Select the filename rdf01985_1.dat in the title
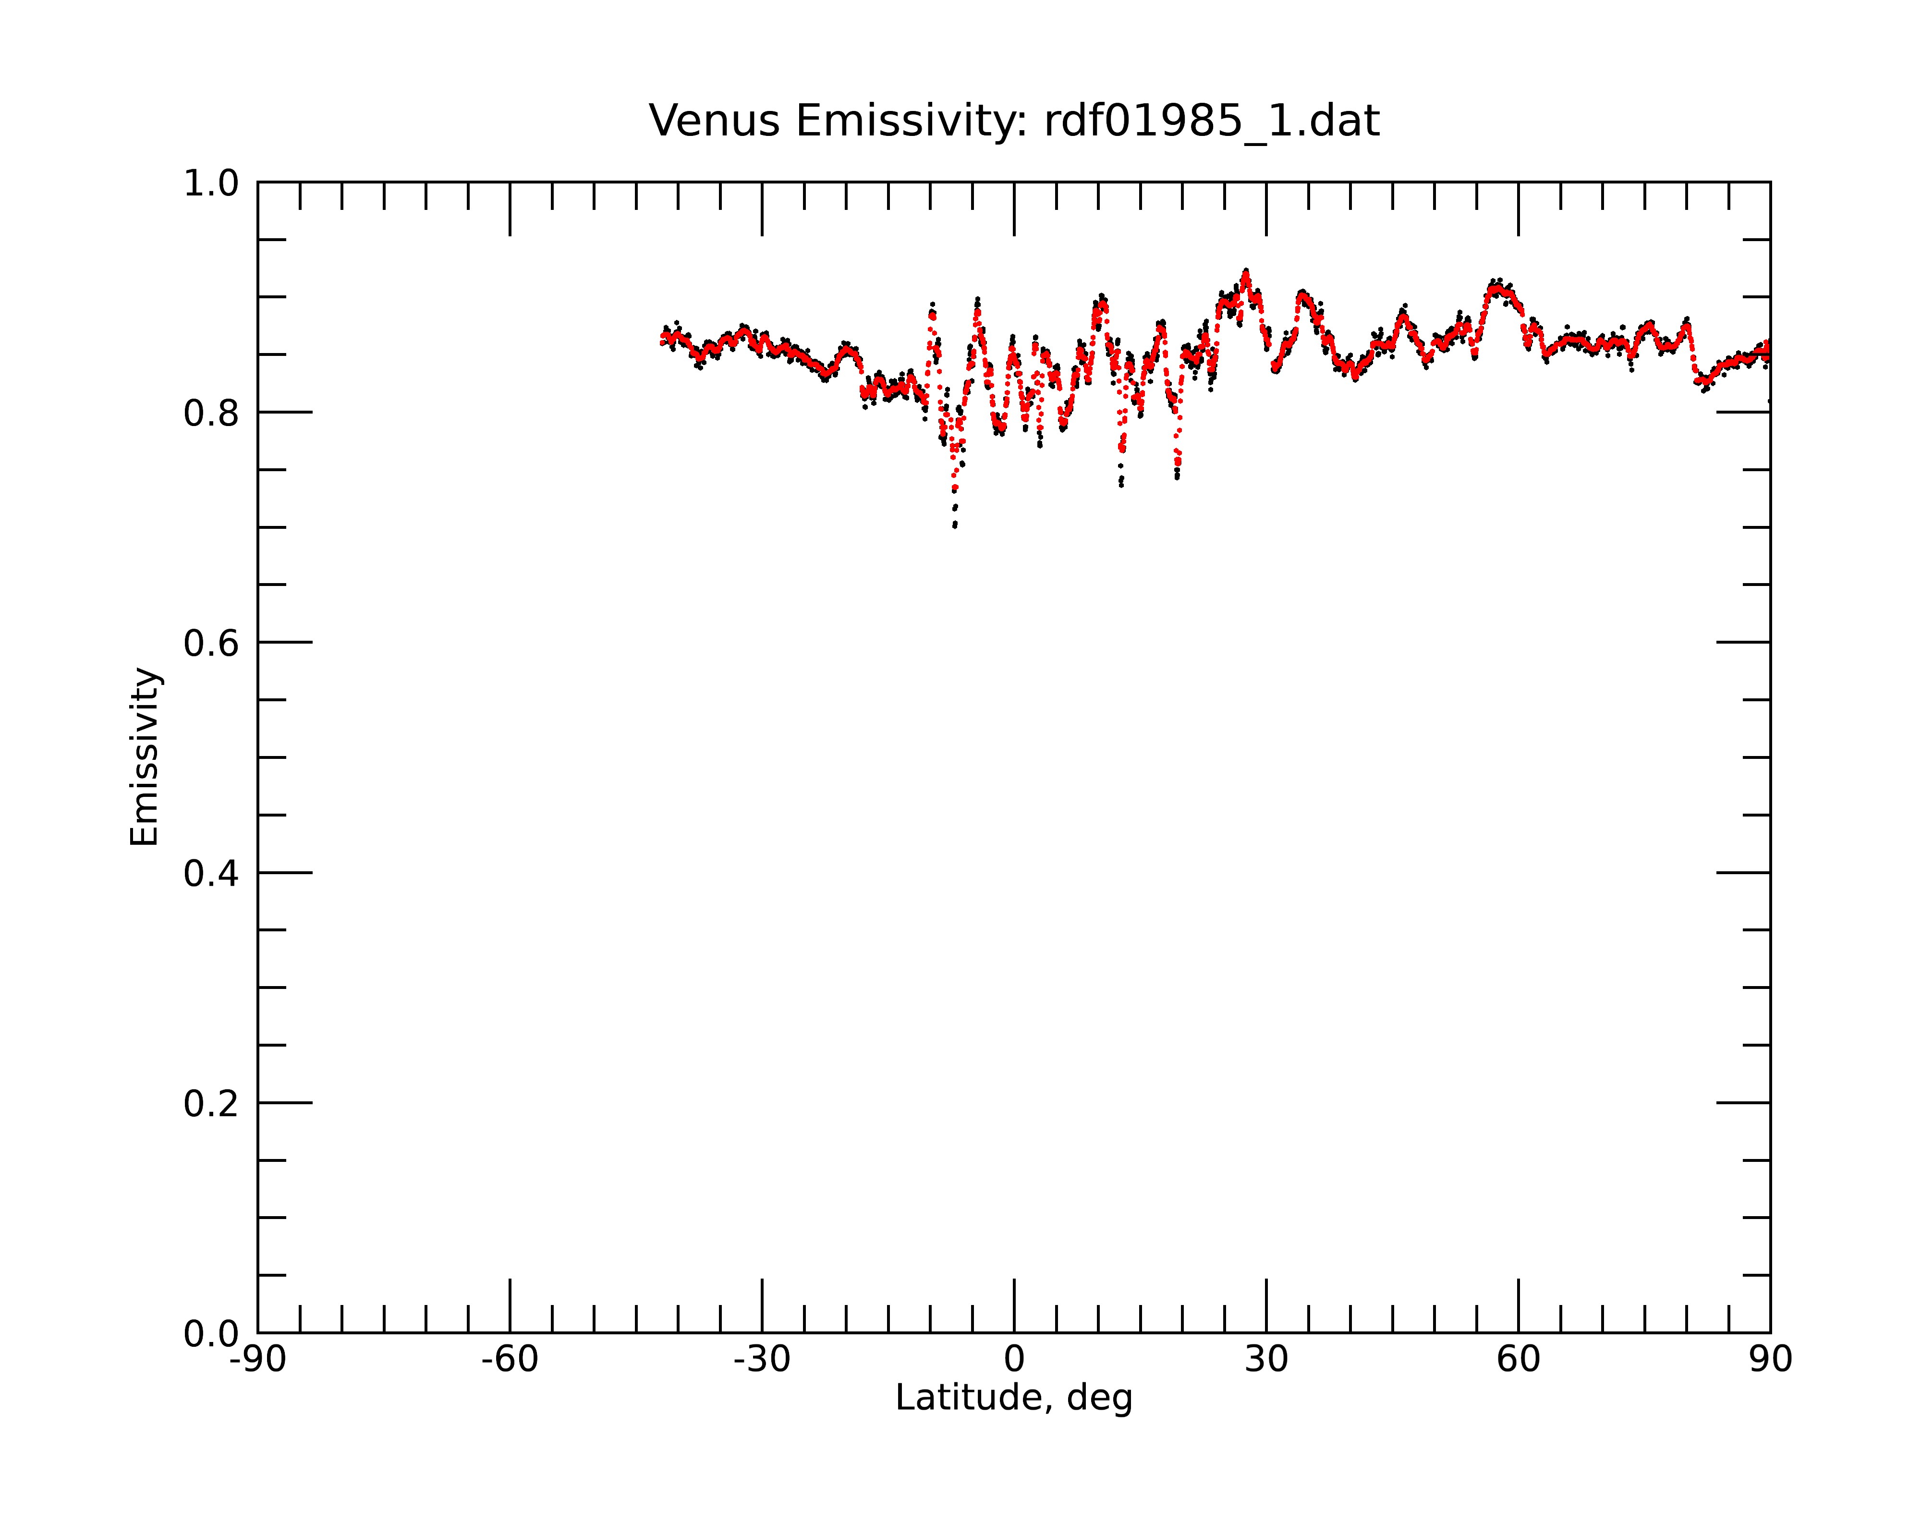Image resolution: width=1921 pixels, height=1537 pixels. click(x=1212, y=122)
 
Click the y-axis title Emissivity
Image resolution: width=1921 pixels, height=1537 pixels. click(x=145, y=756)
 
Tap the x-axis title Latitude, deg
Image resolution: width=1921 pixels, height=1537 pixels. click(x=1014, y=1398)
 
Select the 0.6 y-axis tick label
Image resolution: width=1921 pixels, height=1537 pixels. click(x=211, y=643)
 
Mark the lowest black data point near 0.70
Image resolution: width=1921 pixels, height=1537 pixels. click(x=954, y=525)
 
